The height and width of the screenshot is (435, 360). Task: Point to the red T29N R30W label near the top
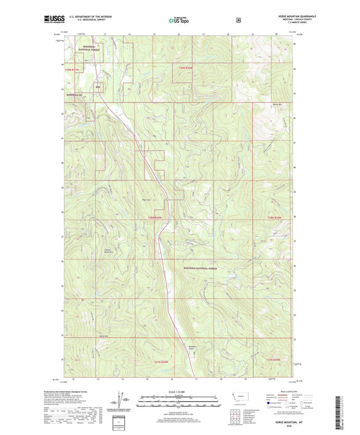185,68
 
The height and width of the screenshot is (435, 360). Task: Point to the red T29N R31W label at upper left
72,69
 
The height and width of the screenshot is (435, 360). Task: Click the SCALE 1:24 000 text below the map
180,391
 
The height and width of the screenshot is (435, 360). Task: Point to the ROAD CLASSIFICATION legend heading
287,391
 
